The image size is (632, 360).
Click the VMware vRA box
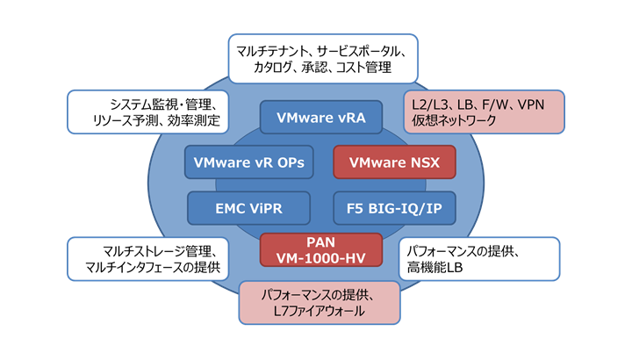[x=320, y=117]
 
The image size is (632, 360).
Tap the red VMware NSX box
[x=394, y=162]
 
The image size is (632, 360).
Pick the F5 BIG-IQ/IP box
[x=394, y=208]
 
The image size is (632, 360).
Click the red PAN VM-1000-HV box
[x=320, y=248]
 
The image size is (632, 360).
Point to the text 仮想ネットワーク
[x=455, y=124]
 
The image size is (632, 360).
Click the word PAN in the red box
[x=320, y=241]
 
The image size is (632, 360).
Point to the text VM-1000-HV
[x=320, y=257]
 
